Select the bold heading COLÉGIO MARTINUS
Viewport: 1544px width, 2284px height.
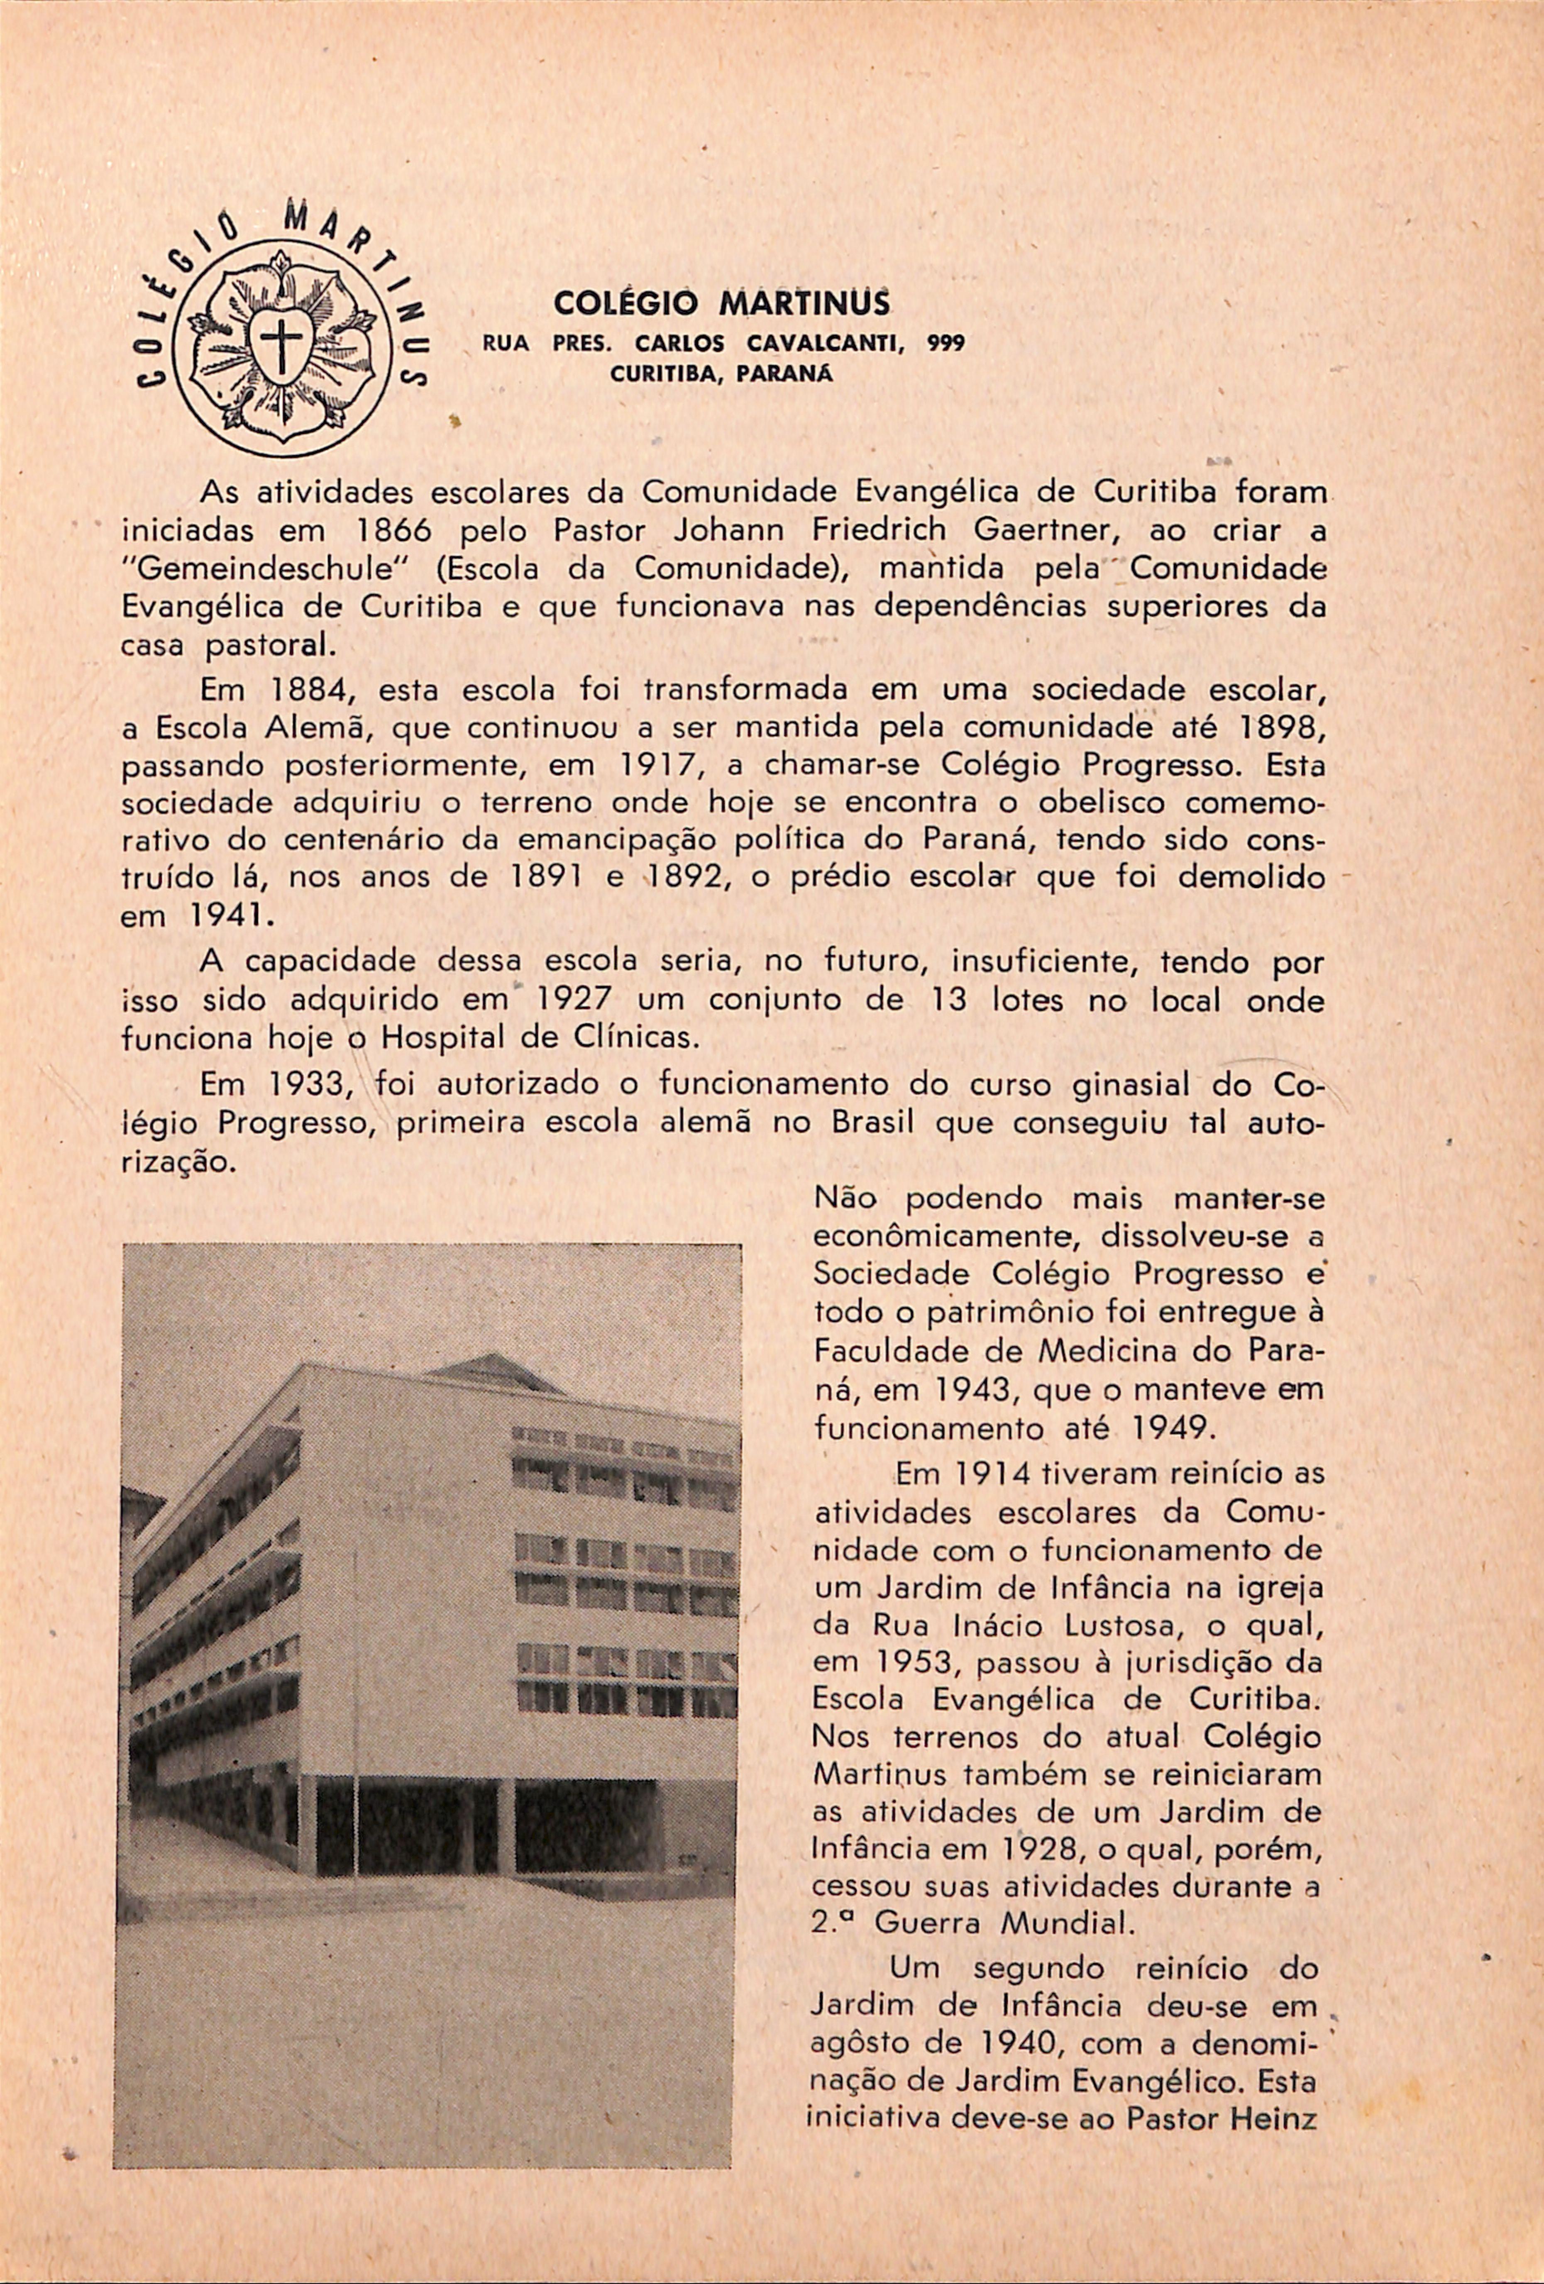(x=722, y=304)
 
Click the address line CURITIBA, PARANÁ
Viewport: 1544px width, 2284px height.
(x=721, y=374)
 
